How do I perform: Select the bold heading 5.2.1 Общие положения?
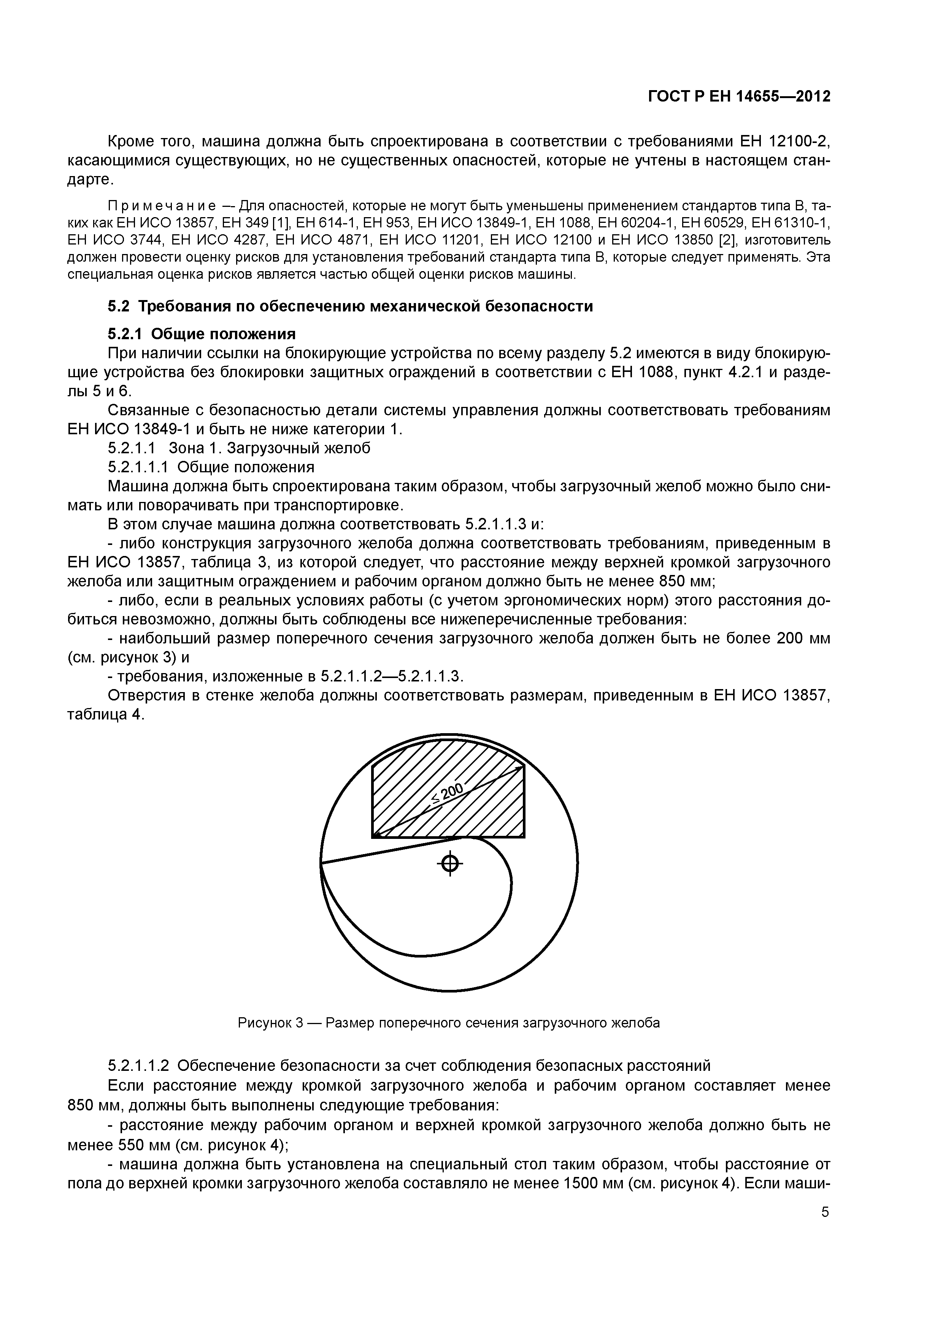click(x=202, y=334)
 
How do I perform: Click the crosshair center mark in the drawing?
click(x=450, y=864)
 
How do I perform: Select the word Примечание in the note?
click(x=162, y=206)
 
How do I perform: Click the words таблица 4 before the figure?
click(x=105, y=715)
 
